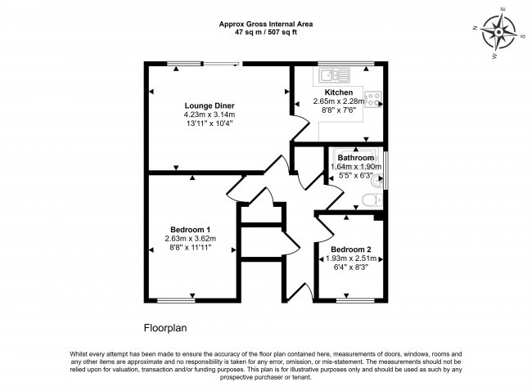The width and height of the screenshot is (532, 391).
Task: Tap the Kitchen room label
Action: pyautogui.click(x=338, y=92)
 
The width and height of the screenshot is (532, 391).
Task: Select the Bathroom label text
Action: pyautogui.click(x=356, y=157)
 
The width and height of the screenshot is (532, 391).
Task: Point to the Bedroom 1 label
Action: pyautogui.click(x=191, y=229)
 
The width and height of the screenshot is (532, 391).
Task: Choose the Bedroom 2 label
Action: pyautogui.click(x=351, y=249)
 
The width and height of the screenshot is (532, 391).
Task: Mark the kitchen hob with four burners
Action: pyautogui.click(x=374, y=99)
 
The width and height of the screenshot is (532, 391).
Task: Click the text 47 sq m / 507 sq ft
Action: pyautogui.click(x=265, y=32)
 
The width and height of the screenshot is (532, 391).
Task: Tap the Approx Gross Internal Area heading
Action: pyautogui.click(x=265, y=24)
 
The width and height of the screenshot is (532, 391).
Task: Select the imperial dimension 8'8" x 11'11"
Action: pyautogui.click(x=191, y=248)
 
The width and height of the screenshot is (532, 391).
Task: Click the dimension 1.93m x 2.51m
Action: pyautogui.click(x=352, y=258)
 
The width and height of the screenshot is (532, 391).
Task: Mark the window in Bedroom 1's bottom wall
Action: pyautogui.click(x=175, y=299)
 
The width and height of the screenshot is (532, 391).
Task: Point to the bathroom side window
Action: pyautogui.click(x=387, y=169)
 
